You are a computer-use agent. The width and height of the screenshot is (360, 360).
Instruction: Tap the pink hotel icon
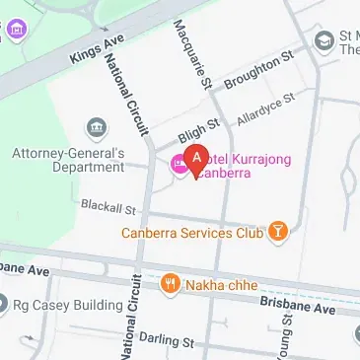click(x=180, y=164)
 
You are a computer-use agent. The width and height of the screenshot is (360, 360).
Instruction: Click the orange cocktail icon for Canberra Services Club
click(x=279, y=233)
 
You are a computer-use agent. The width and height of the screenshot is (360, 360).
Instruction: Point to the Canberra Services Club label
click(x=193, y=234)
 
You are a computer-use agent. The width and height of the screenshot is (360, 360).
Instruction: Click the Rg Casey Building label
click(x=59, y=303)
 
